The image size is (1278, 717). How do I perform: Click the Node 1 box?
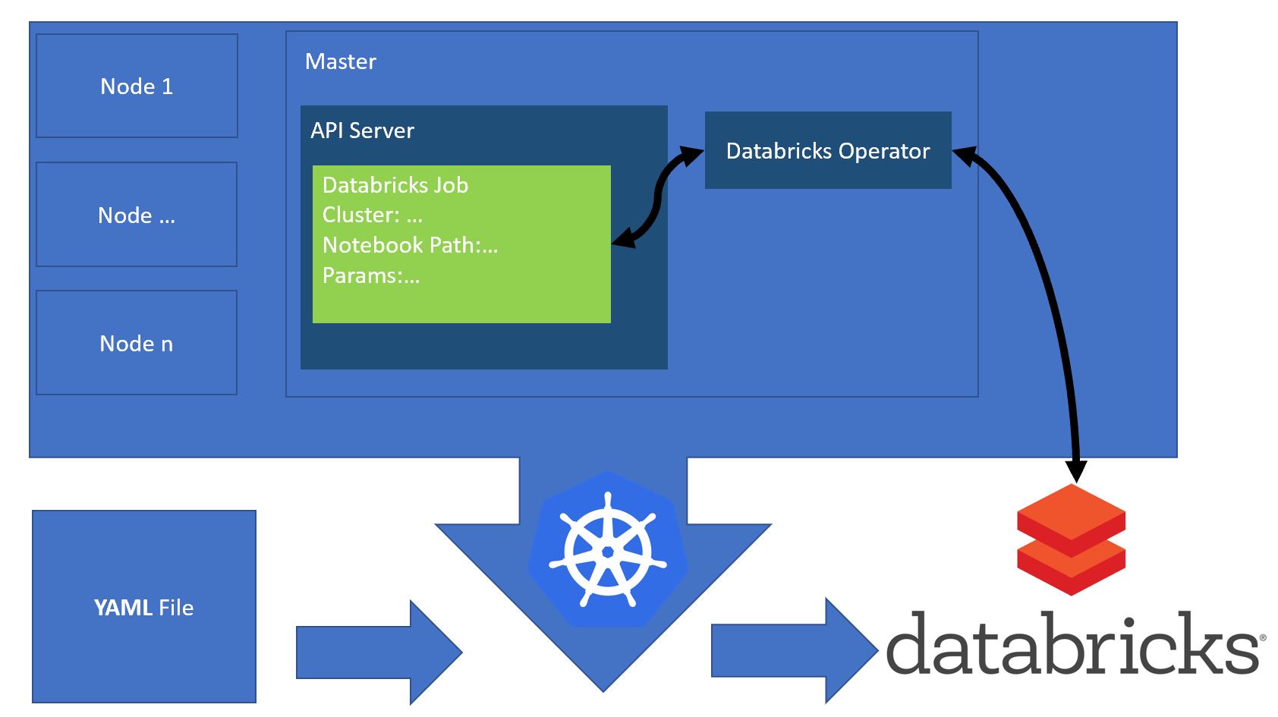137,86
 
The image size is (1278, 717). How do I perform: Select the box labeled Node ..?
137,215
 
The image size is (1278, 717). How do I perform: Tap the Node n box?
137,343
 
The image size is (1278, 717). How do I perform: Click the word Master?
340,61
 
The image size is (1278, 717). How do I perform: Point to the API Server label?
362,131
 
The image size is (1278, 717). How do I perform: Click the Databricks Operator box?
827,150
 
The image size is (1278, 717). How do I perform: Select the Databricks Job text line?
395,185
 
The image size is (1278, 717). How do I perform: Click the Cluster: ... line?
372,215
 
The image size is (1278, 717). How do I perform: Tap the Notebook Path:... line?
410,245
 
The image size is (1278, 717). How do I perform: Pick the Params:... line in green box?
370,275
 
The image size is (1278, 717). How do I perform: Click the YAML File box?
144,607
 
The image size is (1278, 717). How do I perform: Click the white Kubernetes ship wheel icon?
607,550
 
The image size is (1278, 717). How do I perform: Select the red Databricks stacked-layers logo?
1071,539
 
